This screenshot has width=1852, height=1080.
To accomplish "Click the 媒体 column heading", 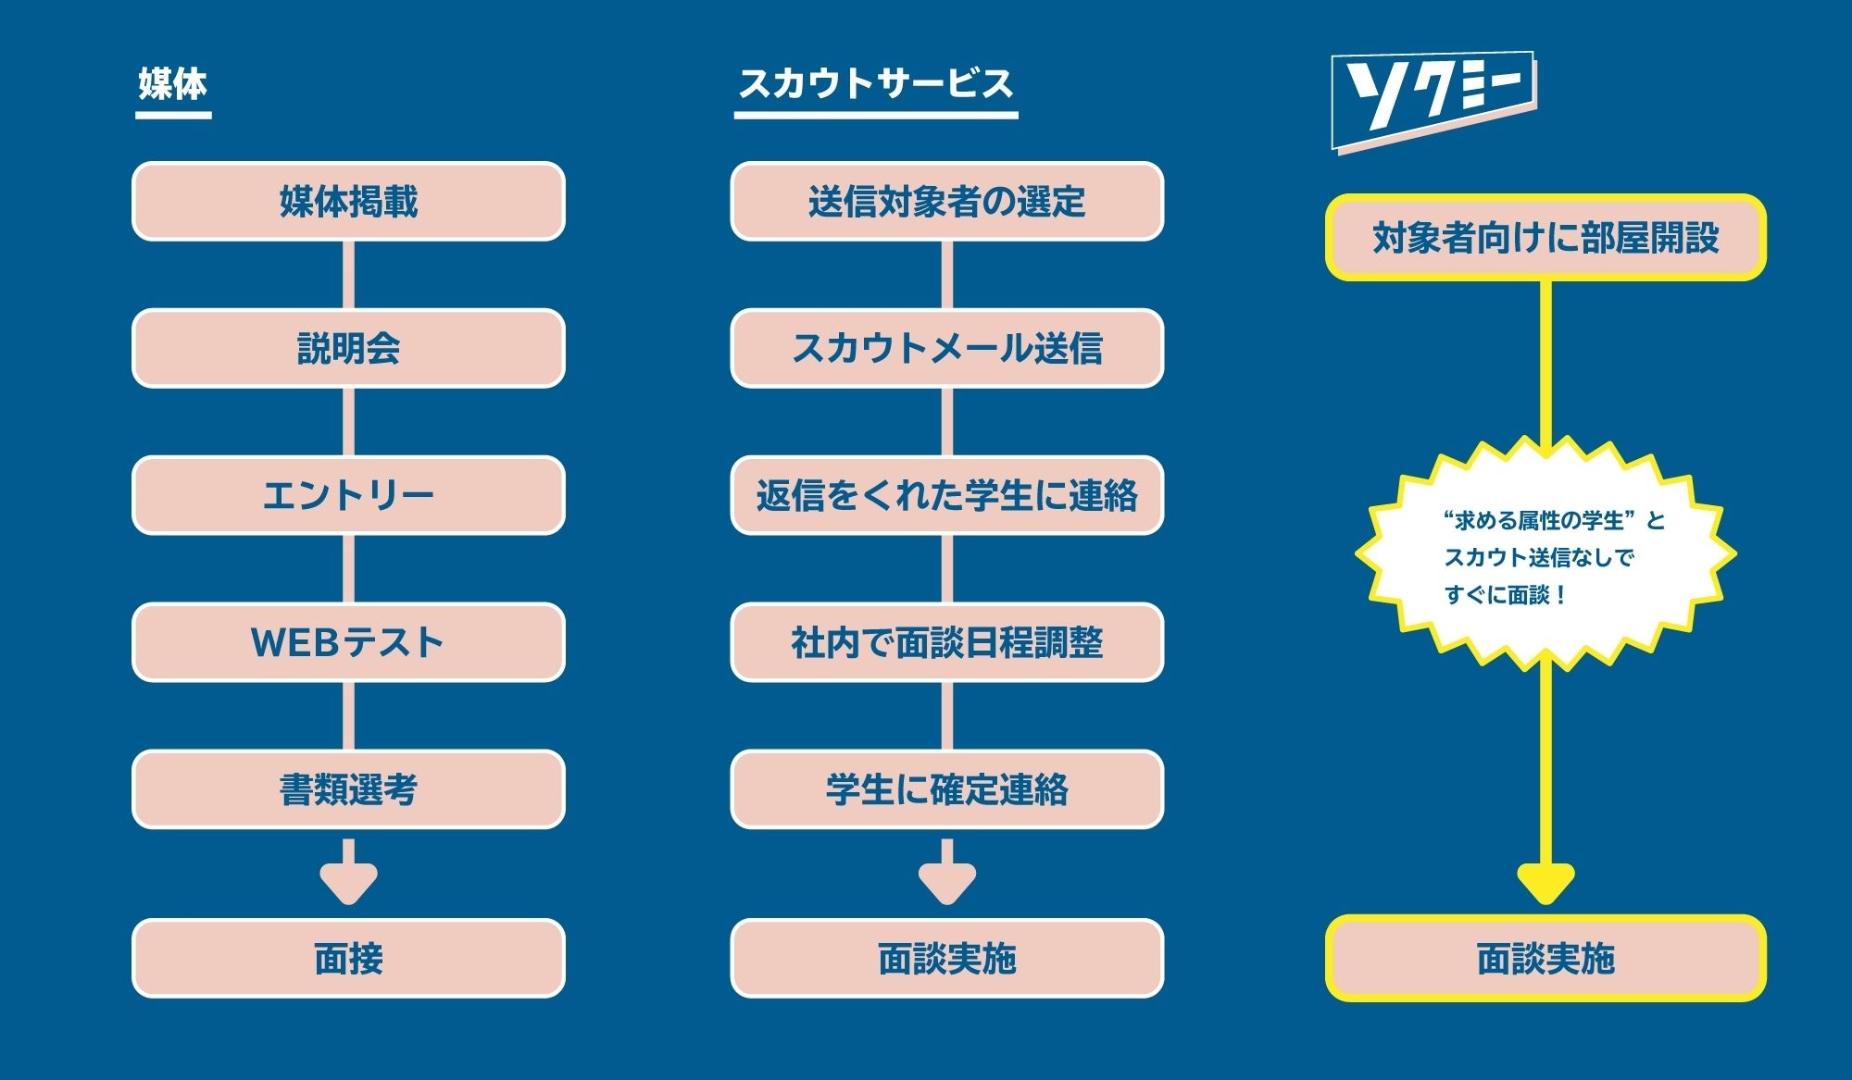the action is coord(173,84).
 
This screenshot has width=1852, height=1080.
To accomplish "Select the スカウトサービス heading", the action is coord(875,84).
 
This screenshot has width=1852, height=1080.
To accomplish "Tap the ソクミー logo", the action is coord(1433,100).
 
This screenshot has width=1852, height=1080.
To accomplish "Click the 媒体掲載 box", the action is coord(348,202).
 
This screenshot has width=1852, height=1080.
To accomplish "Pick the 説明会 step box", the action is coord(348,348).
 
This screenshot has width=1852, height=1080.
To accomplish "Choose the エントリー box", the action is coord(348,495).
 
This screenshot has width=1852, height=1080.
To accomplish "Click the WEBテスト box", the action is coord(348,642).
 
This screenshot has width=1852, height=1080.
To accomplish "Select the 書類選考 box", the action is coord(348,789).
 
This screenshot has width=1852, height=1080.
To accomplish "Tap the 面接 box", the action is coord(348,959).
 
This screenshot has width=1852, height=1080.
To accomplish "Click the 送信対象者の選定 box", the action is coord(946,202).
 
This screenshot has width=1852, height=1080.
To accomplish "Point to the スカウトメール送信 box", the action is coord(946,348).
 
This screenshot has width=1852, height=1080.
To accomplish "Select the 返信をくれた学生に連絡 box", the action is coord(946,495).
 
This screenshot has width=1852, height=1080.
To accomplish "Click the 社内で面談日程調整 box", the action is coord(946,642).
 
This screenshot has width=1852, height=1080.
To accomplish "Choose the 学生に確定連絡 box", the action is coord(946,789).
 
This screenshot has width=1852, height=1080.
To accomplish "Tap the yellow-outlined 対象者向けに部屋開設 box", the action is coord(1545,238).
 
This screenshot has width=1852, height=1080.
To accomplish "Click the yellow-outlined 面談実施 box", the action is coord(1545,959).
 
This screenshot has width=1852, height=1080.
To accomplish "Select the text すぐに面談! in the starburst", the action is coord(1506,595).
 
